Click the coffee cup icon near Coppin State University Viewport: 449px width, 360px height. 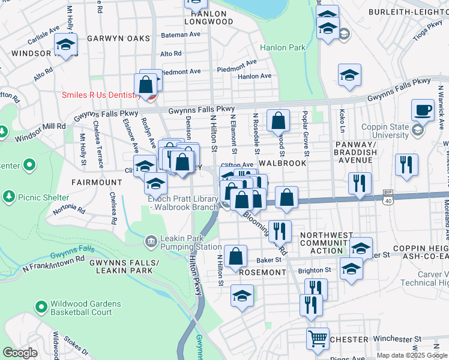423,110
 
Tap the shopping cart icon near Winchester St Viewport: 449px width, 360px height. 318,338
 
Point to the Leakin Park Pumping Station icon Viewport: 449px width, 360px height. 151,242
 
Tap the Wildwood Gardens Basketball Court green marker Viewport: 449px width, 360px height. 41,308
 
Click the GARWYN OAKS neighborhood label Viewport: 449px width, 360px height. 118,38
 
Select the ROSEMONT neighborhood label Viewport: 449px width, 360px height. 262,272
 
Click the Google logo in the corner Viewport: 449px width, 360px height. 20,353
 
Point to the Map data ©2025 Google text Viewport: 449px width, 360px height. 411,355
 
